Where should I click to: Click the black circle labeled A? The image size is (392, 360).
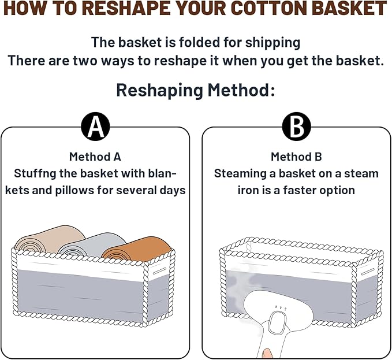click(x=95, y=127)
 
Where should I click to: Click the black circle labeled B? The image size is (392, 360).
click(x=297, y=127)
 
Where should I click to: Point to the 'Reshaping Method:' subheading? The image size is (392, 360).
click(x=196, y=90)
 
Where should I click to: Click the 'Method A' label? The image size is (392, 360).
click(x=95, y=157)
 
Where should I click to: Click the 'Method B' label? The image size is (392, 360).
click(x=297, y=157)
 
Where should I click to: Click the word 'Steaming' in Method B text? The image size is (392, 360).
click(x=237, y=173)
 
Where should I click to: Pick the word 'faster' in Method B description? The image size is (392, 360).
click(x=295, y=190)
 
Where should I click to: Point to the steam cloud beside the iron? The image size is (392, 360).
click(x=237, y=286)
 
